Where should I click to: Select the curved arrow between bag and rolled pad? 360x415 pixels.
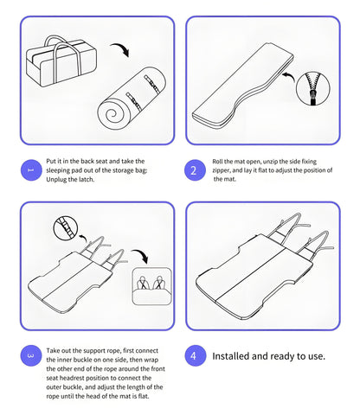[123, 49]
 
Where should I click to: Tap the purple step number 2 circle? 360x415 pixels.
[194, 169]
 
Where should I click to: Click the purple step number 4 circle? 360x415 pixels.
[194, 355]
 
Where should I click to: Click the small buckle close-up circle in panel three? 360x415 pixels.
[63, 228]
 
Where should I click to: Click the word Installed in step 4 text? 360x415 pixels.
[234, 355]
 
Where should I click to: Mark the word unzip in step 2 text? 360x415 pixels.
[276, 161]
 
